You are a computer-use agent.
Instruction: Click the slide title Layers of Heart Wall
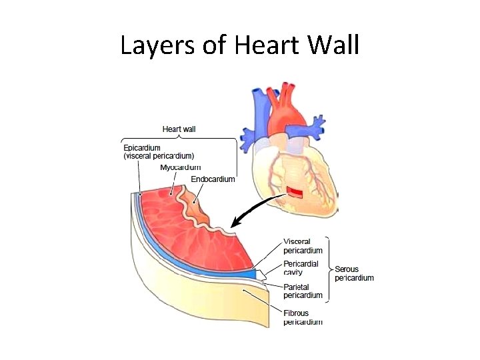(x=240, y=45)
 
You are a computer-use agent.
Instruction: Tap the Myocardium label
(x=180, y=167)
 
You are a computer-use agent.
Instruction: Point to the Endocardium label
(x=213, y=179)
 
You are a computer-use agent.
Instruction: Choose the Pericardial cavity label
(x=301, y=268)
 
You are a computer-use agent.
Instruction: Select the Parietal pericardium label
(x=303, y=291)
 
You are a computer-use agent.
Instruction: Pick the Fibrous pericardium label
(x=303, y=317)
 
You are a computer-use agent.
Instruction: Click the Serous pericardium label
(x=354, y=273)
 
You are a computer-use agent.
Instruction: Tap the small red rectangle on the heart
(x=295, y=193)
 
